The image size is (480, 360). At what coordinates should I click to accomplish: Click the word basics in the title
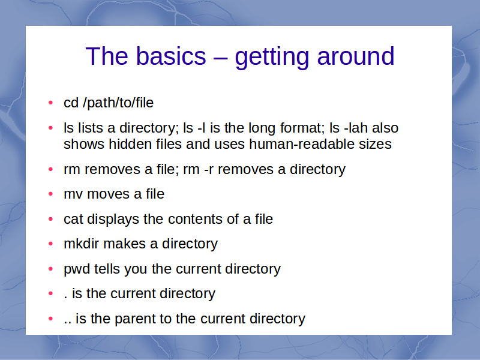pos(171,56)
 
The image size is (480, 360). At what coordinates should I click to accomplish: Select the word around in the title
pos(356,56)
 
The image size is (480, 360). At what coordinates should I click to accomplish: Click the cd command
pos(71,103)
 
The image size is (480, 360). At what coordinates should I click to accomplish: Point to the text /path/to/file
pos(118,103)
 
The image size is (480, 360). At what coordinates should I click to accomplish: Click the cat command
pos(73,219)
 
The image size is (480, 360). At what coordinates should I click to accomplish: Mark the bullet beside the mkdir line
pos(51,244)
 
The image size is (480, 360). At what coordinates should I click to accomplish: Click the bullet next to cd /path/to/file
pos(51,103)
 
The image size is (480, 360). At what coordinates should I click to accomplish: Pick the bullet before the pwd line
pos(51,269)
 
